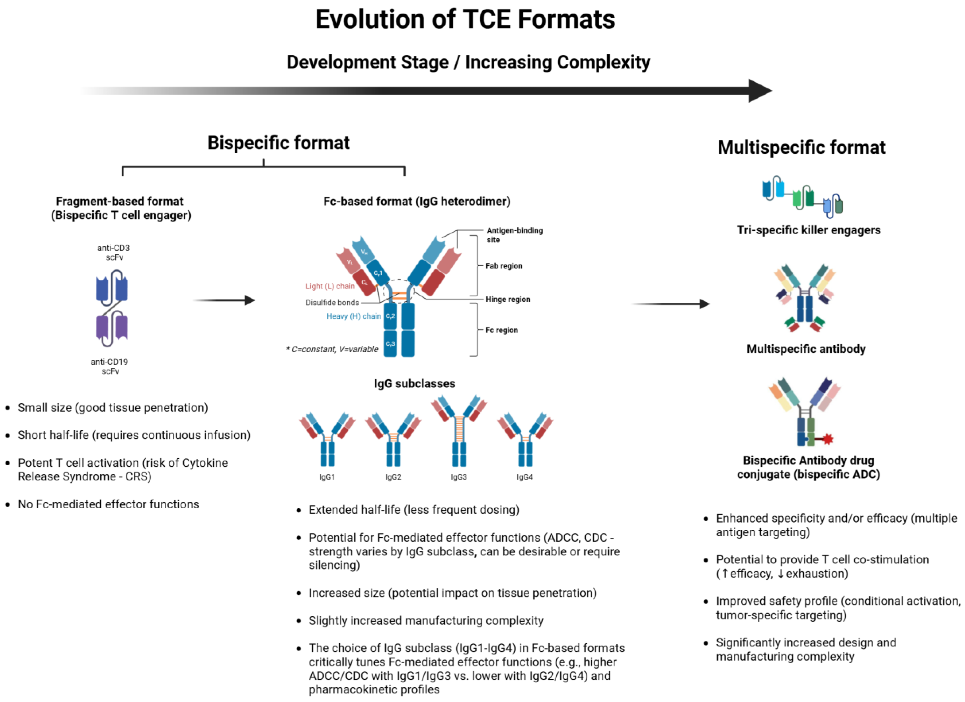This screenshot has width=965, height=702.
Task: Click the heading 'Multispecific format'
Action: (x=801, y=147)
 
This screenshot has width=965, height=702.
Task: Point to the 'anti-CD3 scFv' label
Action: (x=113, y=253)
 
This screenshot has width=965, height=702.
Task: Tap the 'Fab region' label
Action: (x=504, y=266)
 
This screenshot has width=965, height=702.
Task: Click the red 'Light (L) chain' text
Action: (x=330, y=286)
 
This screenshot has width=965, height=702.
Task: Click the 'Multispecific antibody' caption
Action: (x=806, y=349)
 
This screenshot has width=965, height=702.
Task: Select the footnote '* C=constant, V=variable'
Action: (x=332, y=349)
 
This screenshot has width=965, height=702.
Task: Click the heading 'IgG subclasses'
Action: (x=414, y=384)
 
